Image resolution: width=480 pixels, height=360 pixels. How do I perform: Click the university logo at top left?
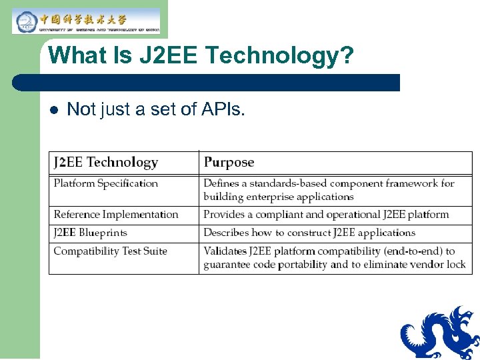(x=87, y=21)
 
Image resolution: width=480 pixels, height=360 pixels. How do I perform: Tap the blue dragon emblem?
(x=441, y=334)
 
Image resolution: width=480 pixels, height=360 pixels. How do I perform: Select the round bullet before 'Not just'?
(x=53, y=110)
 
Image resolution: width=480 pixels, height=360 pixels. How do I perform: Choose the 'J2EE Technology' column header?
(x=106, y=162)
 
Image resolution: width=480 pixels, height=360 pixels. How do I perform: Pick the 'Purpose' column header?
(x=229, y=162)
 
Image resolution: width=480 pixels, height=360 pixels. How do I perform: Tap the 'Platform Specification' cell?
(x=105, y=183)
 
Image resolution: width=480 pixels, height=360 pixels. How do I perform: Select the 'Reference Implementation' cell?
(x=116, y=215)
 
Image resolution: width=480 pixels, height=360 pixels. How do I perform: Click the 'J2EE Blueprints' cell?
(x=90, y=233)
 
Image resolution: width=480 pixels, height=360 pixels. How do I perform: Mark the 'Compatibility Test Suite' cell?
(x=110, y=251)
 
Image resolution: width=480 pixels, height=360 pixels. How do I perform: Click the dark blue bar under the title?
(x=207, y=83)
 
